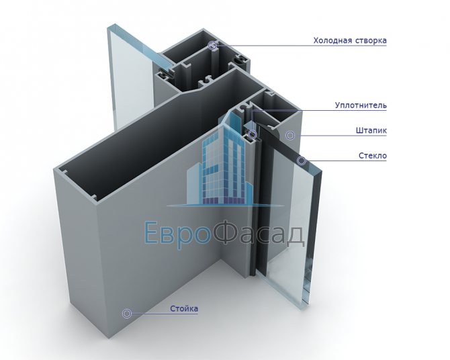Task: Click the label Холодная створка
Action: tap(349, 40)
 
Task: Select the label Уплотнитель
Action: tap(361, 105)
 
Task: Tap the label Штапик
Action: tap(371, 131)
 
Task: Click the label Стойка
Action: tap(184, 309)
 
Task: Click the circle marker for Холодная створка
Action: tap(213, 46)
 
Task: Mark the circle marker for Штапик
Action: tap(290, 135)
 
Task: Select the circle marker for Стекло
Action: tap(302, 161)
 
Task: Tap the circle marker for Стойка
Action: tap(126, 313)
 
